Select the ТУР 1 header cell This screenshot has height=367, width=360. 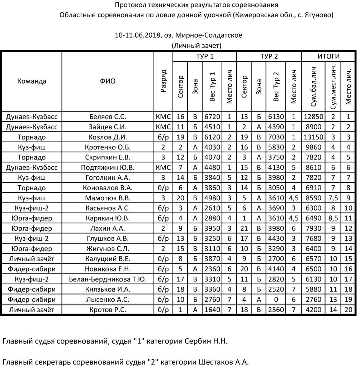pyautogui.click(x=204, y=57)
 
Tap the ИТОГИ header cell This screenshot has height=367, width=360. pyautogui.click(x=328, y=57)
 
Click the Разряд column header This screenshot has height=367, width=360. pyautogui.click(x=163, y=81)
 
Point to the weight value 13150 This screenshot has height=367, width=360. pyautogui.click(x=313, y=137)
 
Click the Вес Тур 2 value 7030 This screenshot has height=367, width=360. pyautogui.click(x=275, y=137)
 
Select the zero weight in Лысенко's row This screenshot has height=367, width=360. pyautogui.click(x=275, y=300)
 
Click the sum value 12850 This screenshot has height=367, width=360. pyautogui.click(x=313, y=116)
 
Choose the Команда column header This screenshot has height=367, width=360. pyautogui.click(x=32, y=81)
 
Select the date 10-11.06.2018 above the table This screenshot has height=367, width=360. pyautogui.click(x=138, y=35)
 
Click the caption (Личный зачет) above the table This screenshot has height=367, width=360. pyautogui.click(x=196, y=46)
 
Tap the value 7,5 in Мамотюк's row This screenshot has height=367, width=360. pyautogui.click(x=333, y=198)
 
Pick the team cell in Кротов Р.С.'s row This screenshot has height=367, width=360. pyautogui.click(x=32, y=310)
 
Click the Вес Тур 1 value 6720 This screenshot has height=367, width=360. pyautogui.click(x=212, y=116)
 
